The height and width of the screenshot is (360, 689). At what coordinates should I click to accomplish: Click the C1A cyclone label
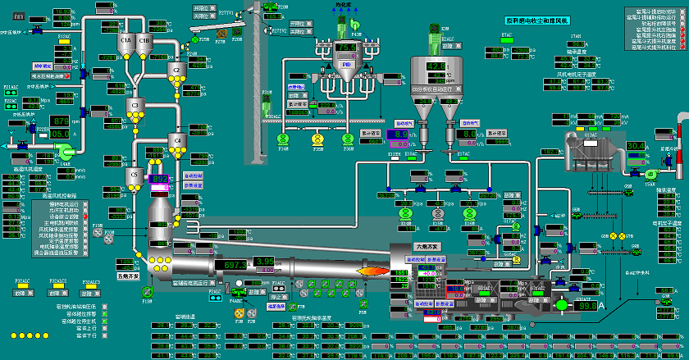point(125,39)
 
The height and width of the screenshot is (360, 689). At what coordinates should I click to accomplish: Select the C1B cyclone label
point(144,39)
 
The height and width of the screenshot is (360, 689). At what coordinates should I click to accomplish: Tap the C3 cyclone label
point(136,105)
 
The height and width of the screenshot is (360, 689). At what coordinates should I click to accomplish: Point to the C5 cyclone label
point(135,173)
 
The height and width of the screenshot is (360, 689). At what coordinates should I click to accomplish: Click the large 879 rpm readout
point(62,121)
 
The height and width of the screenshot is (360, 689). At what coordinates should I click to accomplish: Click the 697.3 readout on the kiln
point(236,265)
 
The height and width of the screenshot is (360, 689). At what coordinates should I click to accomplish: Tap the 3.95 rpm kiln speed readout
point(264,262)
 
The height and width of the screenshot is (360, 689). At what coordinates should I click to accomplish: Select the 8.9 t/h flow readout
point(399,133)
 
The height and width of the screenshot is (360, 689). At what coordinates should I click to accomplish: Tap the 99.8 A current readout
point(588,306)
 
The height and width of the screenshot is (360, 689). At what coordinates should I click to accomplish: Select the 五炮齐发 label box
point(130,276)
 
